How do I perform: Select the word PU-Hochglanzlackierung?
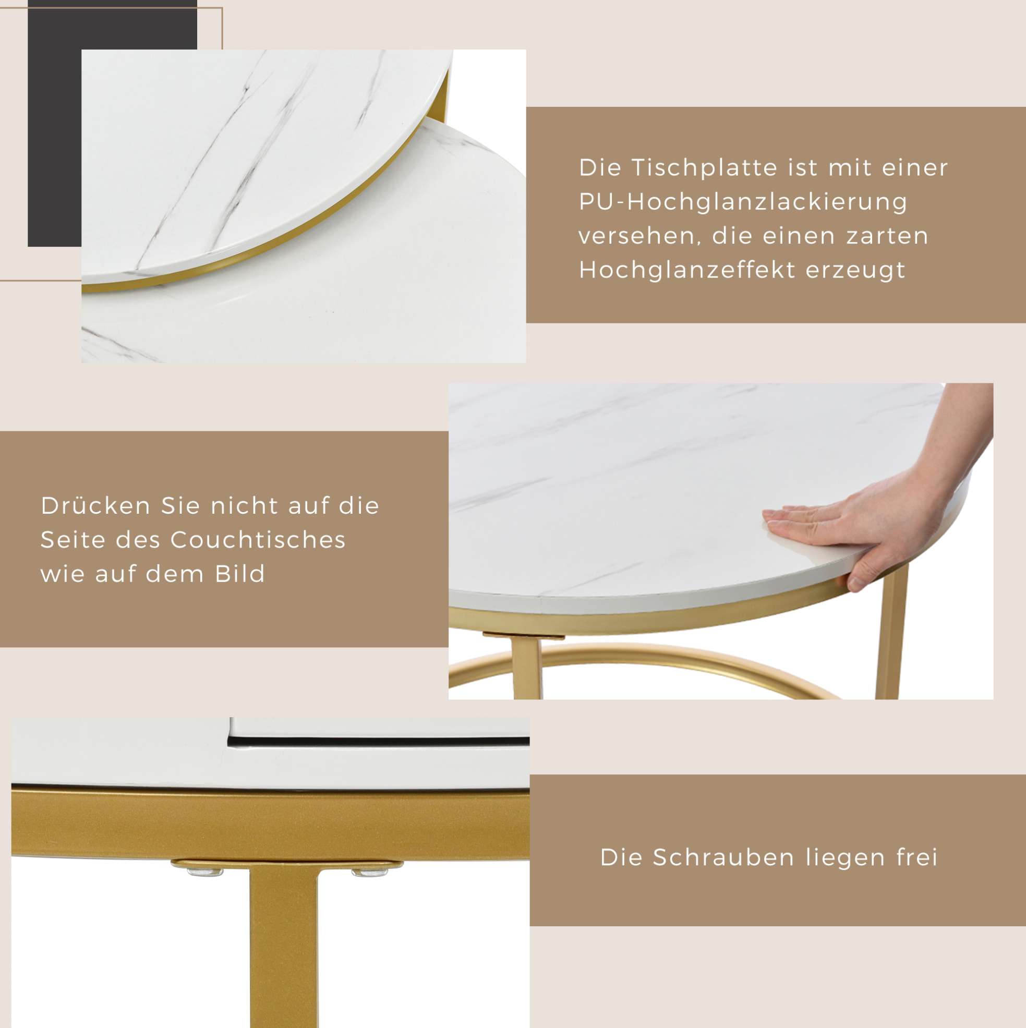tap(743, 202)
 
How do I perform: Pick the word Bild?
tap(240, 574)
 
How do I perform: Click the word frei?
tap(917, 857)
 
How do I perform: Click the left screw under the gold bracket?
tap(204, 871)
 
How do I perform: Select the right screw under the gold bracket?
tap(369, 871)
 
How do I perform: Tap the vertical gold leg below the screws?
tap(284, 947)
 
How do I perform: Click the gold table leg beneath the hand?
tap(891, 633)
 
